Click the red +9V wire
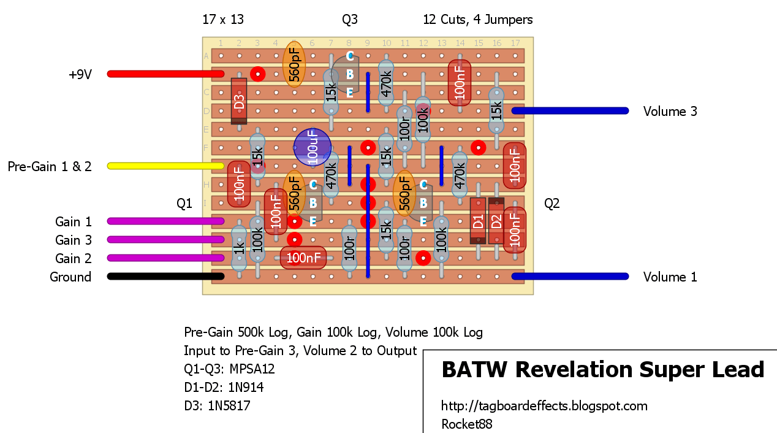coord(165,74)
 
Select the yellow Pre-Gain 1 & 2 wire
coord(165,166)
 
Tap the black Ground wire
coord(165,277)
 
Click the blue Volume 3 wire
coord(570,111)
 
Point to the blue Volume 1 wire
coord(570,277)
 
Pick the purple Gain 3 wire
coord(165,240)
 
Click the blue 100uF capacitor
coord(312,148)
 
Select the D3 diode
coord(239,101)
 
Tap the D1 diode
coord(478,221)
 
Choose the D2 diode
coord(496,221)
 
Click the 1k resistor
coord(239,248)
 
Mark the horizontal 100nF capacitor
coord(303,258)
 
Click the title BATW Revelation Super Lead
coord(603,369)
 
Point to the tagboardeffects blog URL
coord(544,406)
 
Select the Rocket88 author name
coord(466,424)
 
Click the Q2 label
coord(552,204)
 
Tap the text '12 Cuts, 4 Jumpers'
coord(477,20)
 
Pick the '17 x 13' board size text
coord(223,20)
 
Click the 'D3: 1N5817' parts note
coord(217,405)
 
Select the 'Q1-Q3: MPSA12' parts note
coord(229,369)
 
